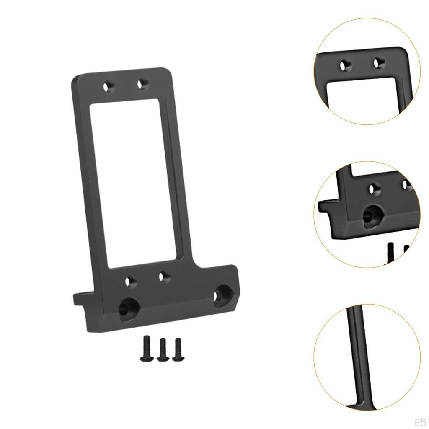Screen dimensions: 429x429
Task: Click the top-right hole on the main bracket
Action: tap(142, 84)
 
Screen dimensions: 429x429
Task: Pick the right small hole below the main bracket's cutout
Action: tap(164, 277)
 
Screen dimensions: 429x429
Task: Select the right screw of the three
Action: tap(178, 347)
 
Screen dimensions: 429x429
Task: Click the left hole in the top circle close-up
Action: tap(344, 65)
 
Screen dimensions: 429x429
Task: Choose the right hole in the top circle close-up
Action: tap(379, 63)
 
